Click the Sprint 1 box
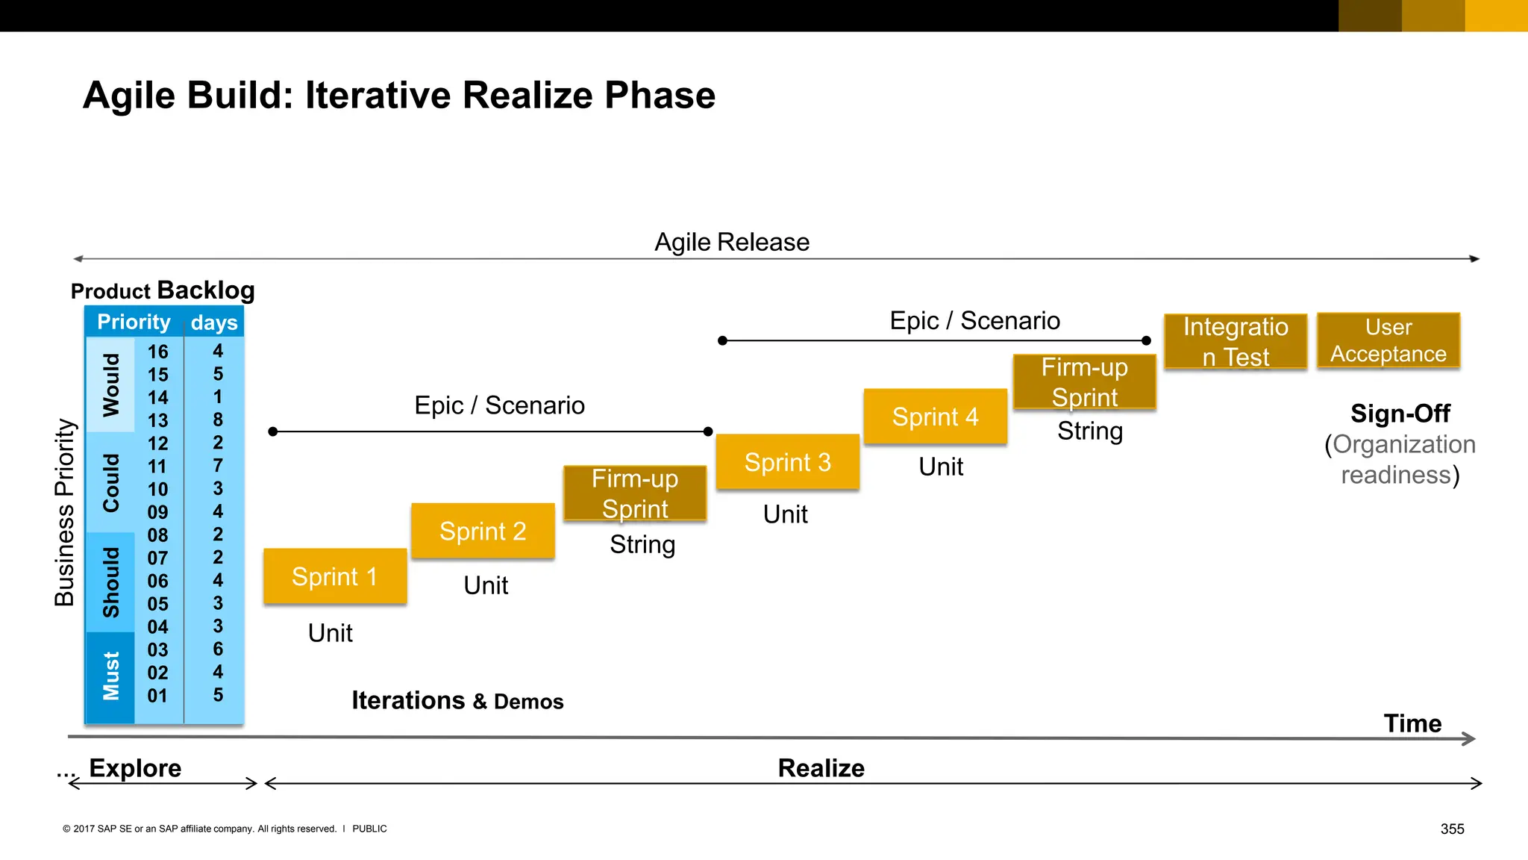coord(335,576)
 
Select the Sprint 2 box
coord(483,531)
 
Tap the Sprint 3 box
coord(787,462)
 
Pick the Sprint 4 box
coord(935,417)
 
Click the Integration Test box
coord(1236,341)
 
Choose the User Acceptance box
coord(1388,340)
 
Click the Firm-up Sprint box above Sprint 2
coord(635,493)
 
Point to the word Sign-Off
coord(1400,414)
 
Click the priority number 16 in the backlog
coord(157,352)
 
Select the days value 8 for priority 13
coord(218,420)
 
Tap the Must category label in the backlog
coord(111,676)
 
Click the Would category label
coord(111,384)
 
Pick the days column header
coord(214,322)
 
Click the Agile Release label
coord(731,242)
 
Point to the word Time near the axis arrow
coord(1412,723)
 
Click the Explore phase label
coord(135,768)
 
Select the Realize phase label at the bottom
coord(821,768)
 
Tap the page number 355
coord(1452,829)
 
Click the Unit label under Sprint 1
coord(330,633)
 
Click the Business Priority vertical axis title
coord(65,512)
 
